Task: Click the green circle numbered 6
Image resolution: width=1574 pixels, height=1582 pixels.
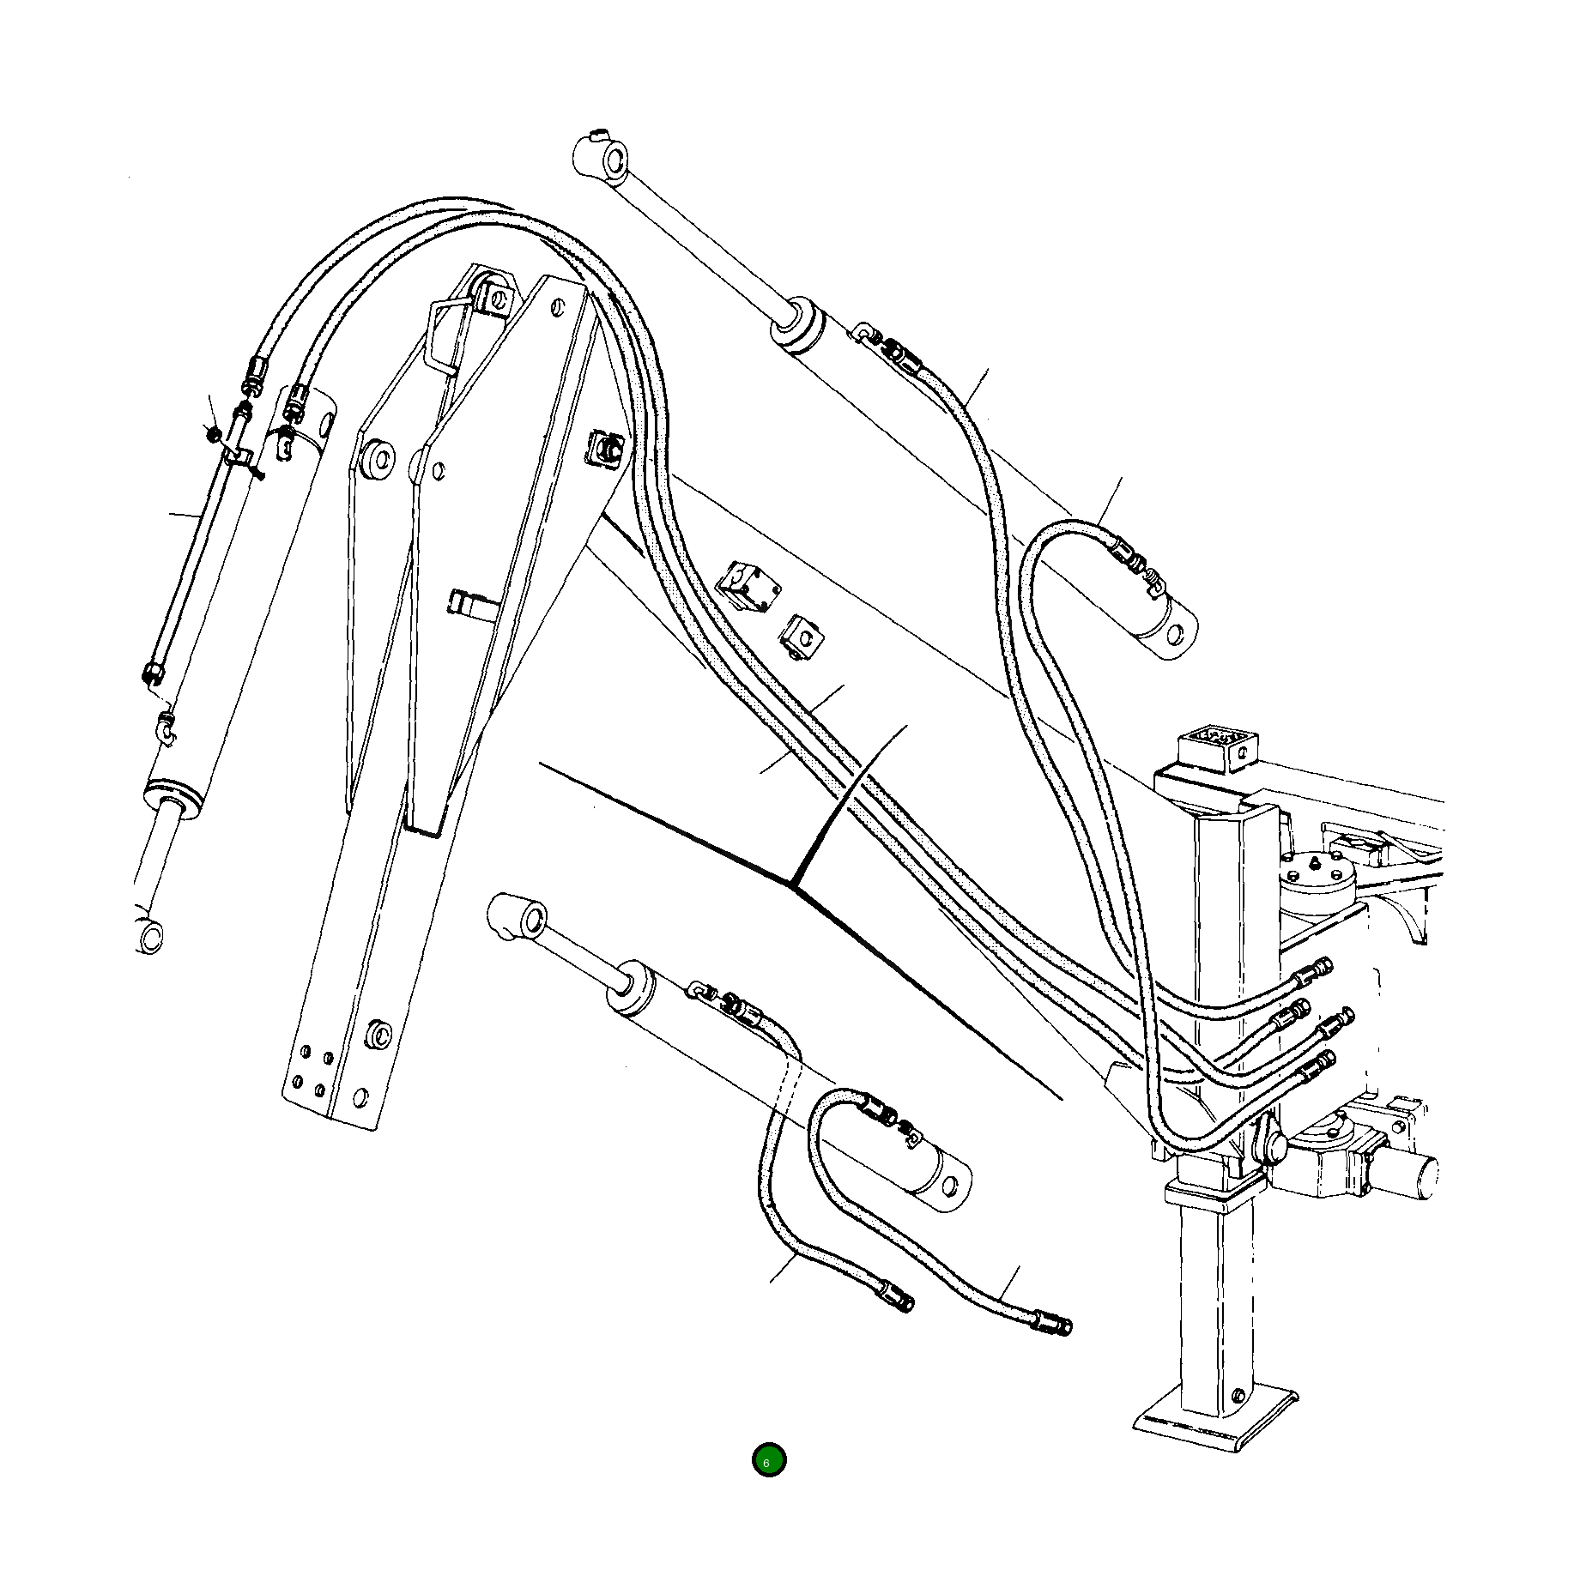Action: click(x=768, y=1460)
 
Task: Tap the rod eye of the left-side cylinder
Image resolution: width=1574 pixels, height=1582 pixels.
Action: click(x=151, y=934)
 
